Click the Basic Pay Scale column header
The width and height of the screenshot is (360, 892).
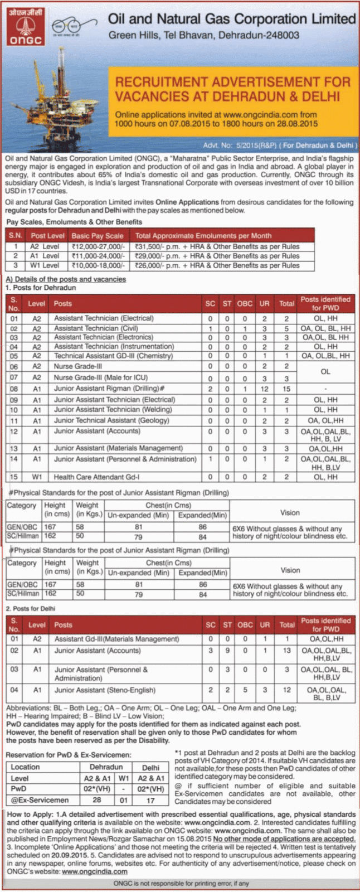98,236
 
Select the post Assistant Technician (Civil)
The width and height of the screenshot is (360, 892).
96,328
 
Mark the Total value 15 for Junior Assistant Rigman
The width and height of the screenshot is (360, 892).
286,389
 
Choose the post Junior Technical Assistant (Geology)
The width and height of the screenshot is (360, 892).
111,420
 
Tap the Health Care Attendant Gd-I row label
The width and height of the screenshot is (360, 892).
96,477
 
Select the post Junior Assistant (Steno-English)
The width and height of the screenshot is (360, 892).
105,690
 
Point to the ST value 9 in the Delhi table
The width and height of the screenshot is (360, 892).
227,651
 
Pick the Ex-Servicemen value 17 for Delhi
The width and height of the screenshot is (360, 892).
150,799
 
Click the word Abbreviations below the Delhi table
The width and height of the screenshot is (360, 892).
28,708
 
